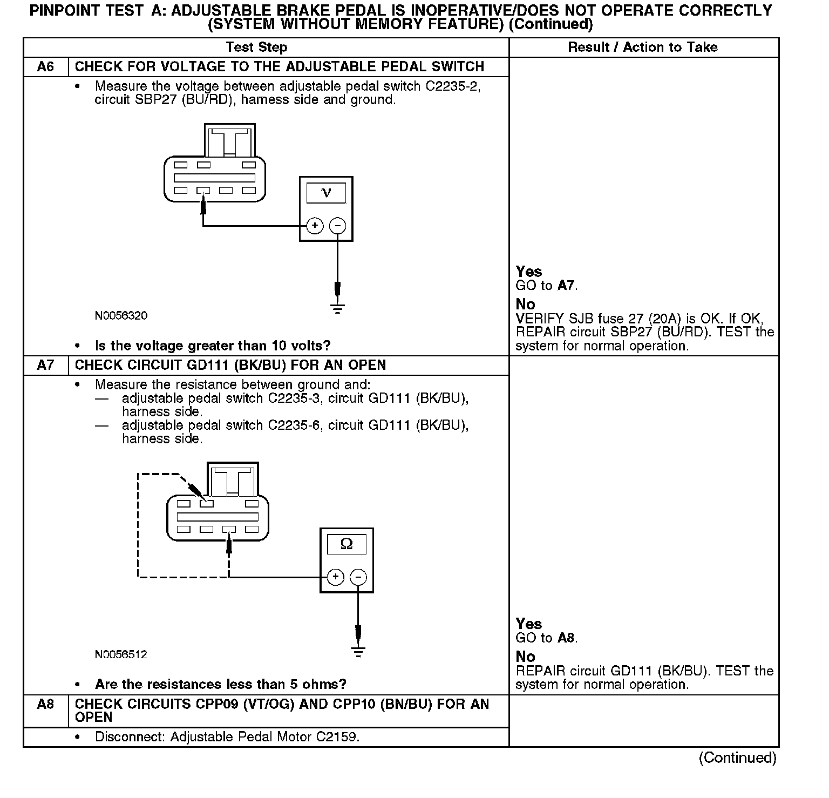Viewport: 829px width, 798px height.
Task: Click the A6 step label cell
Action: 45,67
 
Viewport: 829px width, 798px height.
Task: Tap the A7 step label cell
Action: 45,366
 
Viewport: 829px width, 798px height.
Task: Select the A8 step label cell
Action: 45,705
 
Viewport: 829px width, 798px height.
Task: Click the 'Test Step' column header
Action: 256,48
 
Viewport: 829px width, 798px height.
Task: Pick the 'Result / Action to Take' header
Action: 643,48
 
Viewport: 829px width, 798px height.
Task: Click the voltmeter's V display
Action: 326,193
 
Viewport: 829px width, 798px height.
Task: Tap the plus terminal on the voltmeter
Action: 315,226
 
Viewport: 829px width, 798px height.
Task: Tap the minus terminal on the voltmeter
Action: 338,226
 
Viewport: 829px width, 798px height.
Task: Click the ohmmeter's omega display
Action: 346,544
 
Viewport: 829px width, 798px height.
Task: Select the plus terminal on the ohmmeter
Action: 335,577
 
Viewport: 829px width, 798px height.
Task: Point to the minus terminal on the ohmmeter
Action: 358,577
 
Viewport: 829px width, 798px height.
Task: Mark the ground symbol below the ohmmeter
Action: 358,651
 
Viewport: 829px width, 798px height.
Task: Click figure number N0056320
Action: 121,316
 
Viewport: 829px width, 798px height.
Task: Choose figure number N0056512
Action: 121,655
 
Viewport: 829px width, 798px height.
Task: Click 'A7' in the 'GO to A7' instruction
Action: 566,286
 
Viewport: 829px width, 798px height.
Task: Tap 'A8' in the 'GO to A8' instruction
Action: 566,638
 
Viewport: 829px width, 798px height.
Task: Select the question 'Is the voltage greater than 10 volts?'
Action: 213,346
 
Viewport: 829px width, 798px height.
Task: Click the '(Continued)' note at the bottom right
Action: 737,758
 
